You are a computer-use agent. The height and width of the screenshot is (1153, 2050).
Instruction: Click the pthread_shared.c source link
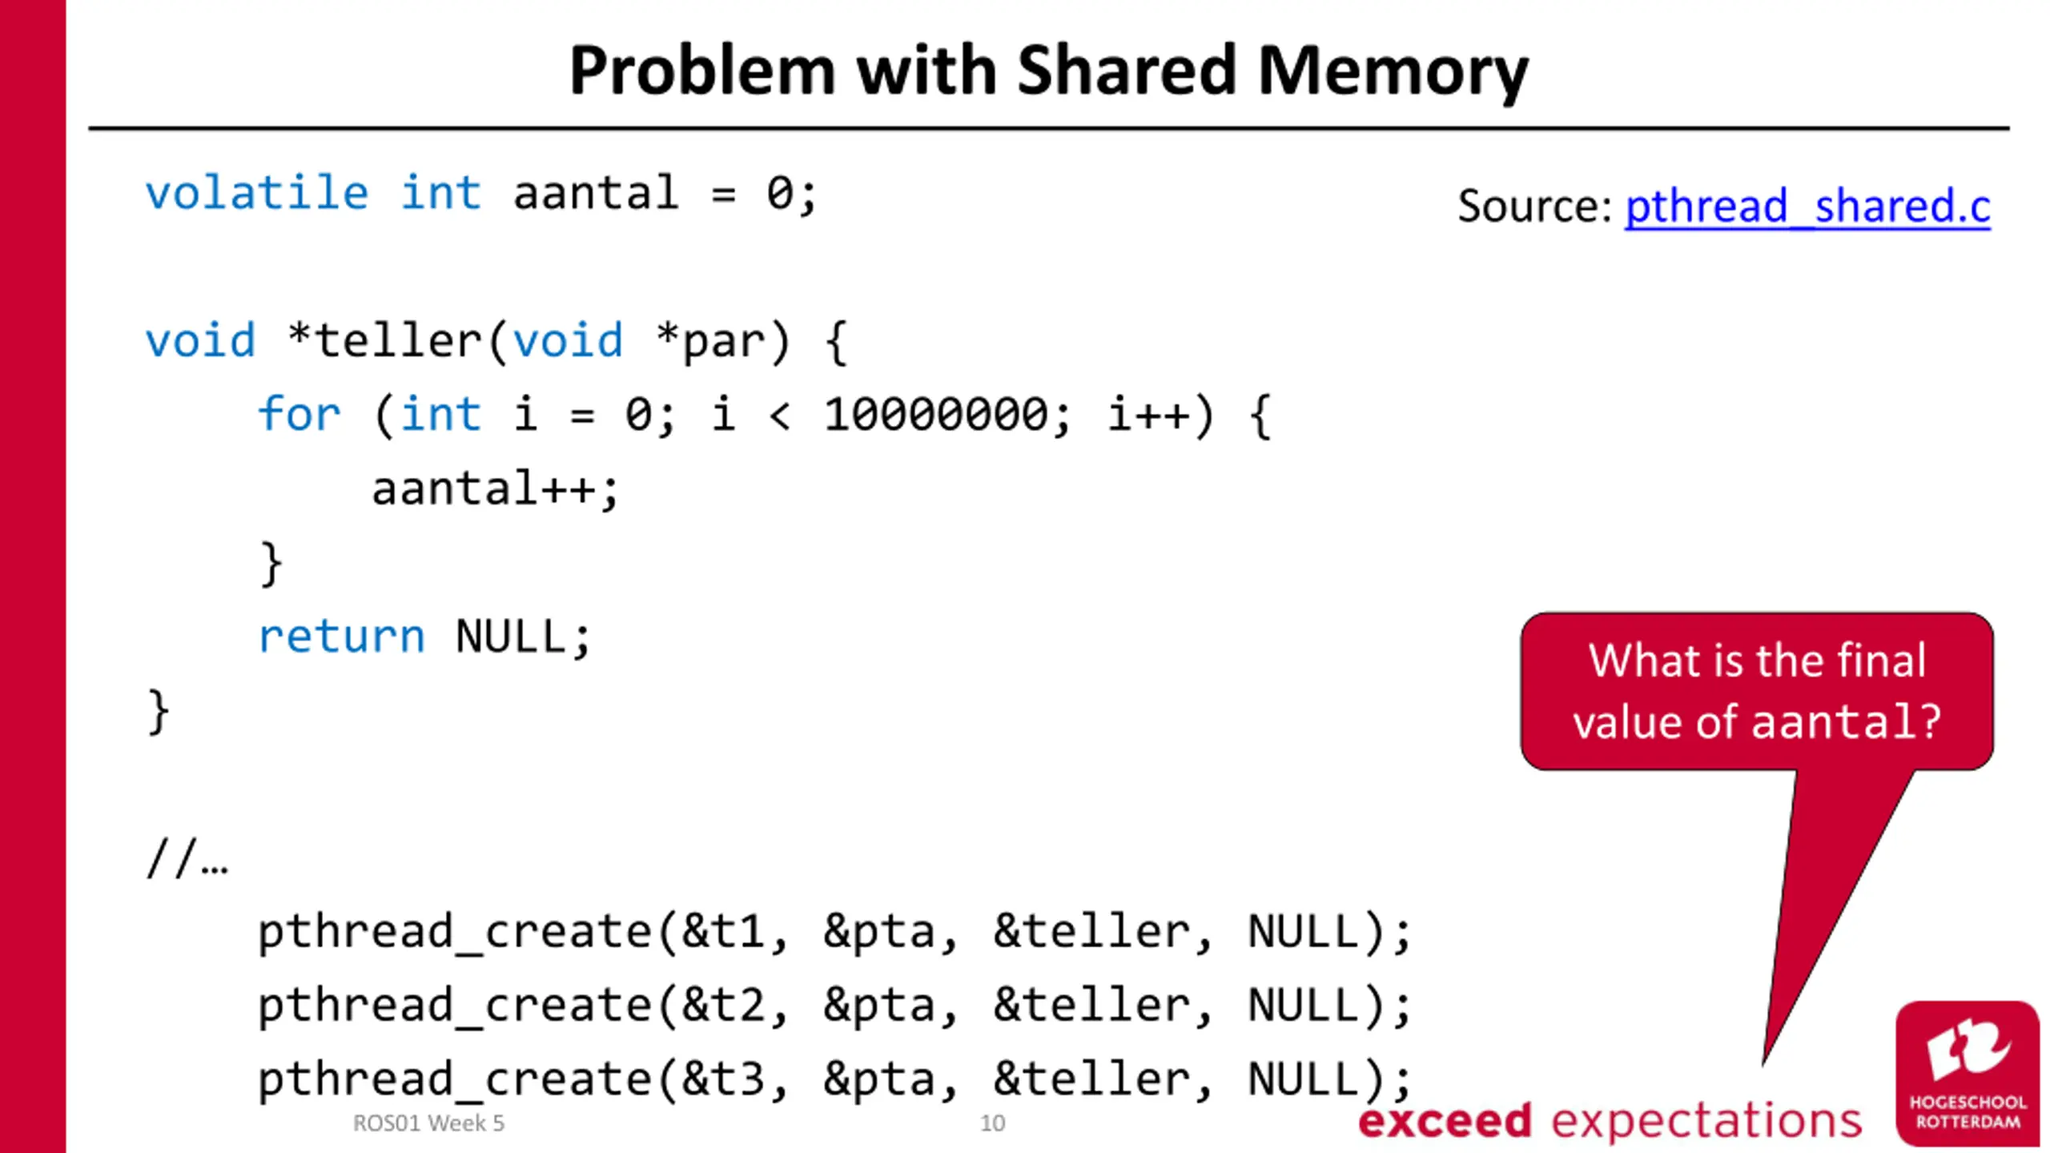(1807, 207)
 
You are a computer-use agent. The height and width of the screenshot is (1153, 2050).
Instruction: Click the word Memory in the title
(1393, 71)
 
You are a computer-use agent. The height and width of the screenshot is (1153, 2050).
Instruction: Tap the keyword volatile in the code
(256, 194)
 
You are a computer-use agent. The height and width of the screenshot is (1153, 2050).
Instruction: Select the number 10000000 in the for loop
(935, 415)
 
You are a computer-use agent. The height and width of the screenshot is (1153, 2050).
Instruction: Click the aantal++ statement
(495, 488)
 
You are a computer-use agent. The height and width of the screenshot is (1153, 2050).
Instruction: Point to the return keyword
(341, 637)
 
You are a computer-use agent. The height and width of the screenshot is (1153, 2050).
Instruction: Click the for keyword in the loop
(299, 415)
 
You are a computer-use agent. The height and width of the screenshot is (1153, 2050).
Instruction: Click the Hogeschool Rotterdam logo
(1967, 1073)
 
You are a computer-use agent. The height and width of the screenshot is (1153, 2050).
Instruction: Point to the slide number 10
(992, 1123)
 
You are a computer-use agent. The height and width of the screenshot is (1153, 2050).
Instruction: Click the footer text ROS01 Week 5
(428, 1123)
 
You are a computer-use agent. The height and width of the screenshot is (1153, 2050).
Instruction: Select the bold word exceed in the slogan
(1445, 1121)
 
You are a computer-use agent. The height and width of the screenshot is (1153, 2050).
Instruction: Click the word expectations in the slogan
(1706, 1121)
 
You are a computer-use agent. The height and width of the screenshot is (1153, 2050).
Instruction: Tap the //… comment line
(187, 860)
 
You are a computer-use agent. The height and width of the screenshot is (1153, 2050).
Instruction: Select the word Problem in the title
(702, 71)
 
